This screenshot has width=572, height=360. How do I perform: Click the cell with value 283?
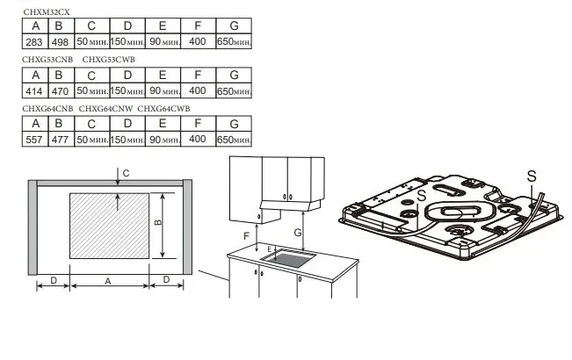tap(36, 41)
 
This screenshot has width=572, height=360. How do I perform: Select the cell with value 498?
tap(60, 41)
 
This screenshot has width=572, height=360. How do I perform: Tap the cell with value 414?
tap(36, 90)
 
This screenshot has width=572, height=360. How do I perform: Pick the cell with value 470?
tap(60, 90)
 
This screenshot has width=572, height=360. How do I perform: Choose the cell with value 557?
tap(36, 139)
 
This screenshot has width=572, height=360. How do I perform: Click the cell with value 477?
tap(60, 139)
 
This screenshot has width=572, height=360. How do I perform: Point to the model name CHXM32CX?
tap(47, 11)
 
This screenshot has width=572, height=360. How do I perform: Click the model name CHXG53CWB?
tap(109, 59)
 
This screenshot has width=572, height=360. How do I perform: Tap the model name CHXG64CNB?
tap(47, 108)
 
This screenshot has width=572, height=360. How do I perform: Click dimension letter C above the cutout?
tap(126, 174)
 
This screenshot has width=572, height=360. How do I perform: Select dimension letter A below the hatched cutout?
tap(108, 281)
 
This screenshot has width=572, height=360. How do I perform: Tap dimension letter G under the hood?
tap(299, 233)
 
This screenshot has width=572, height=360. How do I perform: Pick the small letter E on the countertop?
tap(269, 250)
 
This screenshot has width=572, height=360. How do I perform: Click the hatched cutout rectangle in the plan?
tap(108, 226)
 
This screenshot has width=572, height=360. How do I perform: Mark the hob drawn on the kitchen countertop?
tap(293, 258)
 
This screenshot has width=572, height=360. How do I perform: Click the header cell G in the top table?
tap(234, 26)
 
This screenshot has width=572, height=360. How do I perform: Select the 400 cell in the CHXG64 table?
tap(197, 139)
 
